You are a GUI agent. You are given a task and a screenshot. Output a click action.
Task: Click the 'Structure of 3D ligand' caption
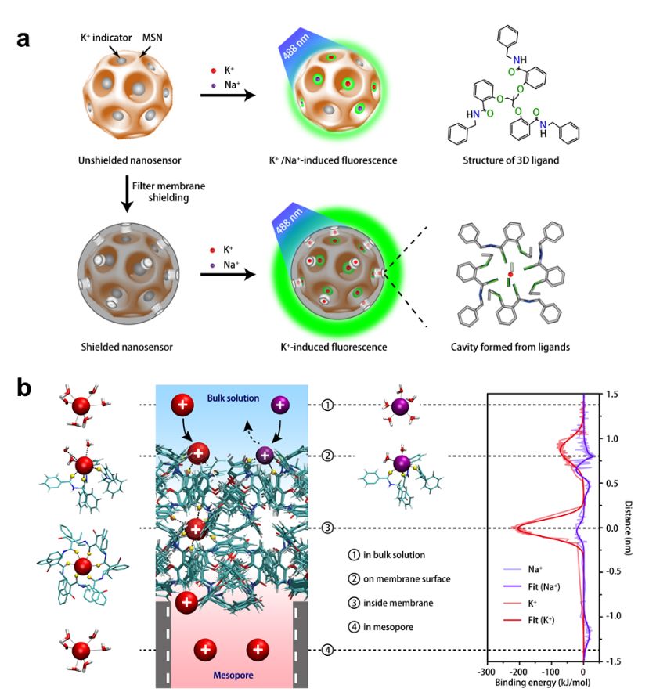[511, 160]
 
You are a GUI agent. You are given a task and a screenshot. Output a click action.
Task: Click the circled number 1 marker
[328, 405]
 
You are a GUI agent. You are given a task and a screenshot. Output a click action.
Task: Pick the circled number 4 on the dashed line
[328, 650]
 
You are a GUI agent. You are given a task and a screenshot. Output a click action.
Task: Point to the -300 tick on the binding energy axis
[486, 672]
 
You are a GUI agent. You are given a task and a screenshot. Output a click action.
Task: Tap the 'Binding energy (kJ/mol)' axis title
[536, 683]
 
